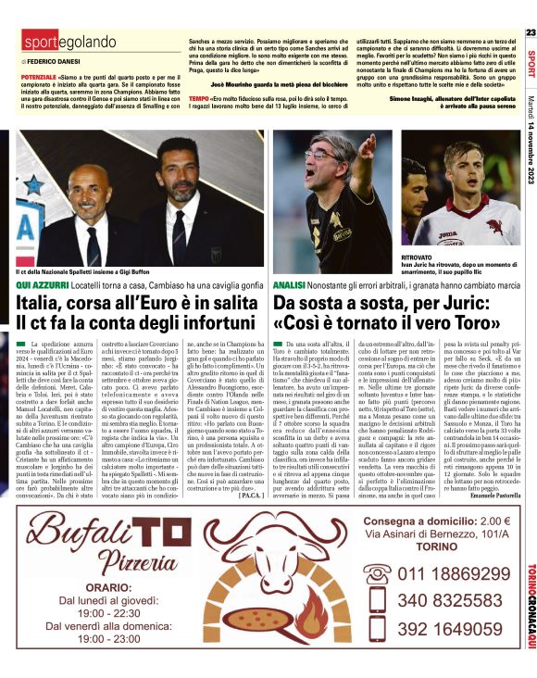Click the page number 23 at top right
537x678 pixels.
[x=531, y=32]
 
